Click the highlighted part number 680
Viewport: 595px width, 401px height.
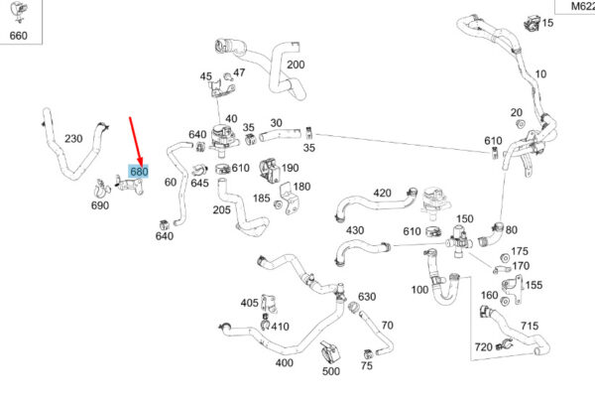tap(139, 172)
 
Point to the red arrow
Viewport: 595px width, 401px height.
tap(136, 141)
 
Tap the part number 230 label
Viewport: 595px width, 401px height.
tap(73, 139)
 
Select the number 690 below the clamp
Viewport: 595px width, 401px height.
tap(100, 205)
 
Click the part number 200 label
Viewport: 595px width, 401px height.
tap(296, 65)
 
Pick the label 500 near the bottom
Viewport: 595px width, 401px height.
tap(331, 371)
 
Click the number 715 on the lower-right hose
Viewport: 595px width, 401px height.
tap(530, 326)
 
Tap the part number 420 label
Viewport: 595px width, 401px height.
tap(382, 193)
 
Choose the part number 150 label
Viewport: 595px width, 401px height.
tap(465, 218)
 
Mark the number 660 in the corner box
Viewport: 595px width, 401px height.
tap(18, 36)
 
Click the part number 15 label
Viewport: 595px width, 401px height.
tap(547, 23)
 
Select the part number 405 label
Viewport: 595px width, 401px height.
tap(249, 303)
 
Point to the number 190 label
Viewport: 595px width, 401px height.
tap(290, 168)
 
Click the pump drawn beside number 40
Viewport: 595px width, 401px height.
tap(223, 139)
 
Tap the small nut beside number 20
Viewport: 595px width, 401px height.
tap(520, 124)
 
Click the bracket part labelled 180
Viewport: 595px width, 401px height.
tap(289, 199)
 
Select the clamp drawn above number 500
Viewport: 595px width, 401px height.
tap(329, 352)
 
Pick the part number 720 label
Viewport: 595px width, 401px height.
tap(484, 346)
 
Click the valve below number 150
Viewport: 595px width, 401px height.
tap(459, 241)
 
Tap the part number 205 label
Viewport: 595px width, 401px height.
tap(221, 209)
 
